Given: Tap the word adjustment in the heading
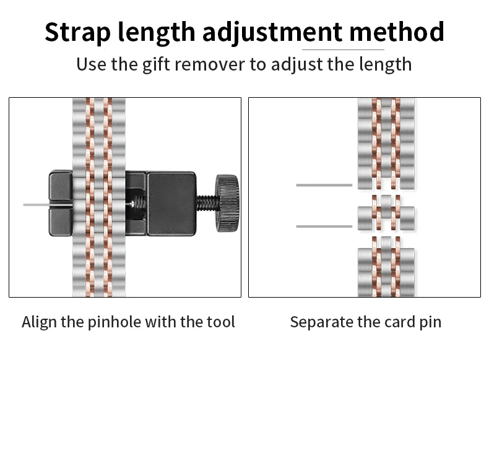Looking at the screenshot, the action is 272,32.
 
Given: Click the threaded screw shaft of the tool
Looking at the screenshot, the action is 206,202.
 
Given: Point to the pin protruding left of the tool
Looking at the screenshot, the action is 35,204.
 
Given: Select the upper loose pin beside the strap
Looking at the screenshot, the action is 324,185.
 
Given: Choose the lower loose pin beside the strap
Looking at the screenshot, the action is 324,226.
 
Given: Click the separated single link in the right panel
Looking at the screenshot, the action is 386,213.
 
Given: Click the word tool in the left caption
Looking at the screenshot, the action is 220,322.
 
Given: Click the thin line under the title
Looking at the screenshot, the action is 343,50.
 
